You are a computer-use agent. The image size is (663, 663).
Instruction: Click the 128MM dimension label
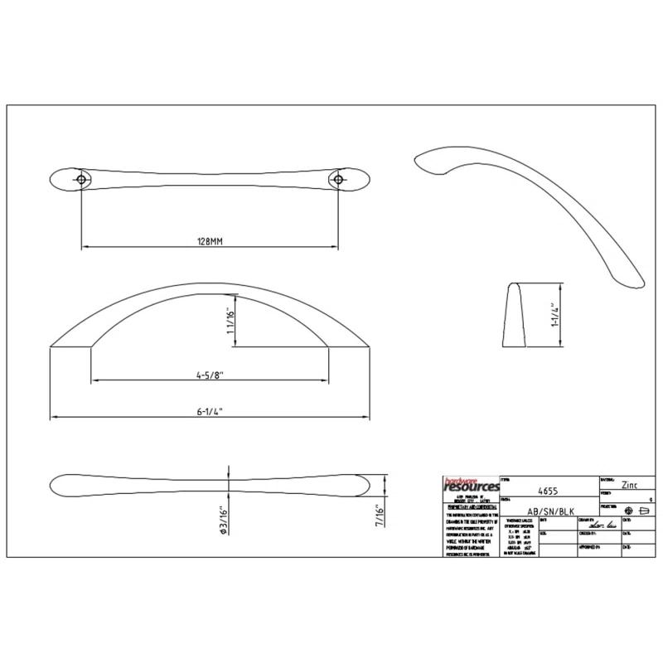click(210, 240)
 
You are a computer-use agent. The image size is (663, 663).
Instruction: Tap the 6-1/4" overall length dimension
click(211, 409)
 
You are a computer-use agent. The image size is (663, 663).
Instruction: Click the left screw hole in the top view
click(81, 179)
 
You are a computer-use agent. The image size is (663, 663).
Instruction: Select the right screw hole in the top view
click(338, 179)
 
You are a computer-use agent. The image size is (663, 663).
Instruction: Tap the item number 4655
click(549, 490)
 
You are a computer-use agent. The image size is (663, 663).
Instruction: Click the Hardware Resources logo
click(472, 486)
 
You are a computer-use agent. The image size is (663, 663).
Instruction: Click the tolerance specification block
click(515, 540)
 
